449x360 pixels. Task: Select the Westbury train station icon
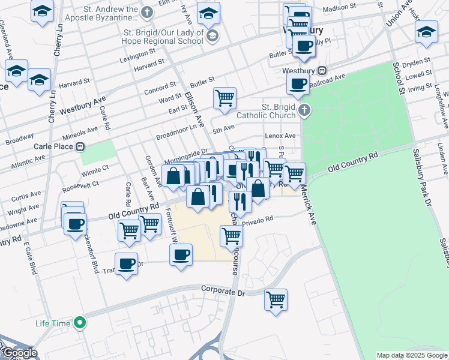click(322, 70)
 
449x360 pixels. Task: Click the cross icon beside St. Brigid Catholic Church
click(305, 110)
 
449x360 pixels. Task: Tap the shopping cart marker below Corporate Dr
click(276, 299)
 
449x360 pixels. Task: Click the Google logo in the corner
click(19, 353)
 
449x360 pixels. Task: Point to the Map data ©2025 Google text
click(412, 355)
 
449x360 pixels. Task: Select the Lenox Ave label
click(281, 136)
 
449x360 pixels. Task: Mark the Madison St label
click(339, 9)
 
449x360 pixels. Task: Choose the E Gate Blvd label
click(29, 259)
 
